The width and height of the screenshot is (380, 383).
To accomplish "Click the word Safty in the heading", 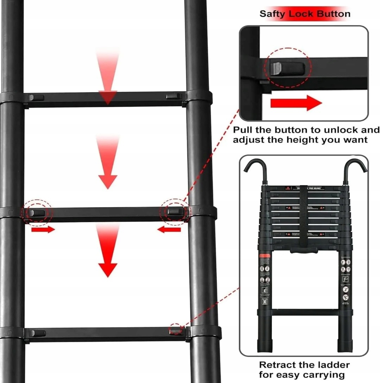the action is pyautogui.click(x=273, y=14).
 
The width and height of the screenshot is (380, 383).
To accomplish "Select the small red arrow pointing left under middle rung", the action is pyautogui.click(x=169, y=230).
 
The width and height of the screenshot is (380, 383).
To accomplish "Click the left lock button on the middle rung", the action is pyautogui.click(x=37, y=213).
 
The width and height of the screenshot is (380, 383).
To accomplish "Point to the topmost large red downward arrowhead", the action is pyautogui.click(x=107, y=97).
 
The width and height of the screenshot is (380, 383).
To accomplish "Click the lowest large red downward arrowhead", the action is pyautogui.click(x=107, y=270).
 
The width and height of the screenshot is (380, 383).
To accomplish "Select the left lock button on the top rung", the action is pyautogui.click(x=36, y=97).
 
